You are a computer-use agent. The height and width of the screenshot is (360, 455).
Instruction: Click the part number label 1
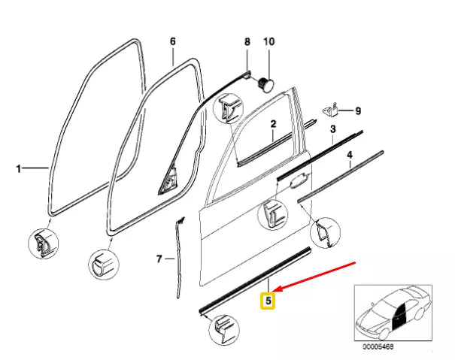(19, 170)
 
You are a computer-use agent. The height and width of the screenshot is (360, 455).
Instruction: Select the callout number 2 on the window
(274, 124)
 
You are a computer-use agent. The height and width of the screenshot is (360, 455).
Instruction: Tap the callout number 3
(332, 130)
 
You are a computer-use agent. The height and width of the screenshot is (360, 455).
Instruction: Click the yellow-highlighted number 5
(268, 301)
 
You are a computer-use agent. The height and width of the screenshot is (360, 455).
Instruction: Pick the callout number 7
(159, 260)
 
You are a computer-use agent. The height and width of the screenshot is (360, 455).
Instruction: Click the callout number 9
(358, 111)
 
